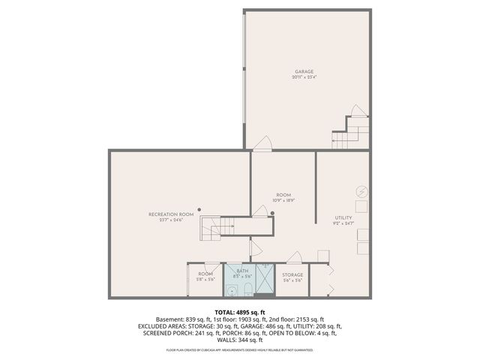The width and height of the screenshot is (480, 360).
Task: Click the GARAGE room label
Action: tap(304, 72)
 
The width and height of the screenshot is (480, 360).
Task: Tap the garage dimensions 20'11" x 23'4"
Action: tap(304, 77)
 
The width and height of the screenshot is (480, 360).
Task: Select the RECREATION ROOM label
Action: tap(171, 214)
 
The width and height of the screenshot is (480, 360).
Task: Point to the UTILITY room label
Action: tap(343, 217)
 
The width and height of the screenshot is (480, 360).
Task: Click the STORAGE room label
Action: tap(292, 274)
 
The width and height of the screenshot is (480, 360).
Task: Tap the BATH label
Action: tap(242, 271)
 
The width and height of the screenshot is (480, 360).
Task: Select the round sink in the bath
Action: tap(233, 290)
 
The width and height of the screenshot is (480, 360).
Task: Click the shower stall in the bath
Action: tap(265, 280)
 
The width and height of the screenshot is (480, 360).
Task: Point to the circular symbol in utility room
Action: tap(361, 191)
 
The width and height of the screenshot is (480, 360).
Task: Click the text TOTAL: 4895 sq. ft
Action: tap(240, 312)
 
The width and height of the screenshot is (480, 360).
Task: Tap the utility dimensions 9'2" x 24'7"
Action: tap(343, 223)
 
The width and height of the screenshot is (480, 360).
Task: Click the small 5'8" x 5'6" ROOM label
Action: tap(205, 276)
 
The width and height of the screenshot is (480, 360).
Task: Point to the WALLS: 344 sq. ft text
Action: tap(240, 340)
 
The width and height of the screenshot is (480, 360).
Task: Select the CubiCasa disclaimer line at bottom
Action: tap(240, 349)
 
